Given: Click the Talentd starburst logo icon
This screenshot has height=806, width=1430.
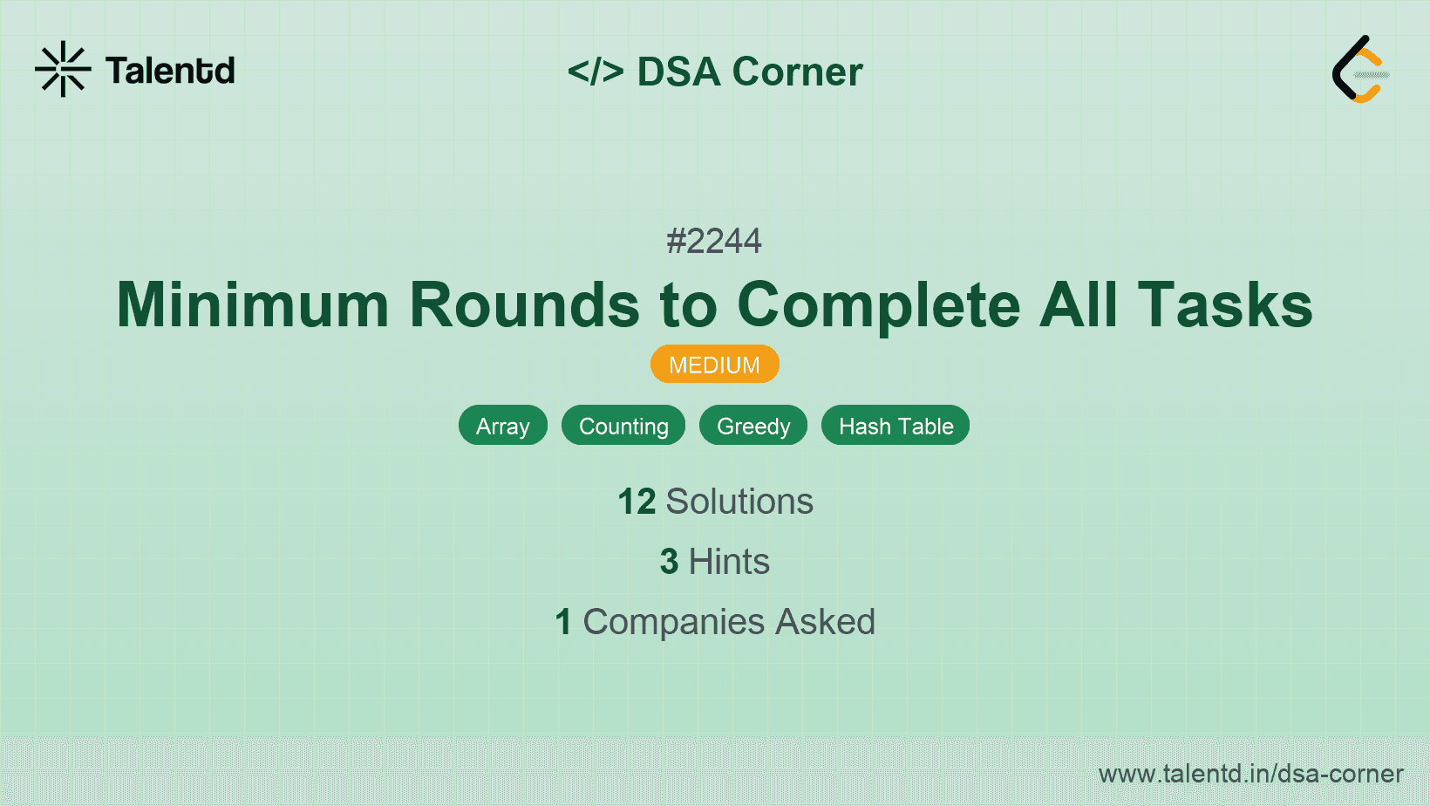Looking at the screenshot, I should tap(63, 69).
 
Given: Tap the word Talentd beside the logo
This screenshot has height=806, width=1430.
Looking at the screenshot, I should tap(170, 71).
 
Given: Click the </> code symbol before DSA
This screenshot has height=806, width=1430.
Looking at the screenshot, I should tap(596, 72).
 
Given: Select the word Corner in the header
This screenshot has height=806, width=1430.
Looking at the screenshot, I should tap(797, 72).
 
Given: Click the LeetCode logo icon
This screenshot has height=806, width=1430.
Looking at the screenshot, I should tap(1360, 69).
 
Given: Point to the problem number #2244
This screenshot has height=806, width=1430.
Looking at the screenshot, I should tap(714, 241).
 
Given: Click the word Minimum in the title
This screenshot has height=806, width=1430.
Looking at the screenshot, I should tap(253, 304).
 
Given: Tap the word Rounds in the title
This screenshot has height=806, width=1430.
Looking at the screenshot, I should tap(525, 304).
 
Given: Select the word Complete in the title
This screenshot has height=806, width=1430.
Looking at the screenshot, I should tap(879, 304).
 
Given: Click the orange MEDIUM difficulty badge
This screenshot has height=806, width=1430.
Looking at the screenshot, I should tap(714, 365).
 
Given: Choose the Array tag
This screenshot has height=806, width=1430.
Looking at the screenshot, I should tap(503, 426).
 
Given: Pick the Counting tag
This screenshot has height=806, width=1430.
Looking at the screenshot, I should tap(623, 426).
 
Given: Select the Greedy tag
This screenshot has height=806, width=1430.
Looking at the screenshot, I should tap(753, 426).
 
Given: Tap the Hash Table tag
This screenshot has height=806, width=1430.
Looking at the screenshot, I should tap(895, 426).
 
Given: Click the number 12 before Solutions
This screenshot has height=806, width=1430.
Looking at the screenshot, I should tap(637, 502).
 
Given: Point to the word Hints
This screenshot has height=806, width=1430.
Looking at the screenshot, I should tap(729, 562).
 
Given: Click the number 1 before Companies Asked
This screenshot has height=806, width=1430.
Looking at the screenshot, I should tap(563, 622).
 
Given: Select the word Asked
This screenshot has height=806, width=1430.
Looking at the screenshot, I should tap(825, 622).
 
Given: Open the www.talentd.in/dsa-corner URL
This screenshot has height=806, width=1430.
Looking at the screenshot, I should tap(1250, 774).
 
